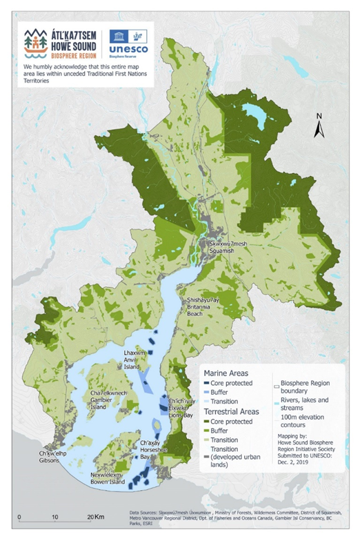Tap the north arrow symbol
(319, 126)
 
